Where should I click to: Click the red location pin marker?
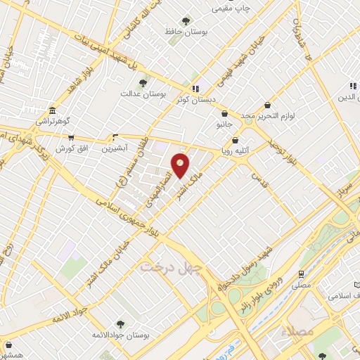click(180, 165)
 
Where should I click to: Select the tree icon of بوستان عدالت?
click(143, 83)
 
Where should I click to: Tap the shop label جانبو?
click(224, 124)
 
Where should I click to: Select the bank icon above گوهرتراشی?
click(53, 111)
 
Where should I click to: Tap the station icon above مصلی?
click(301, 274)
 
